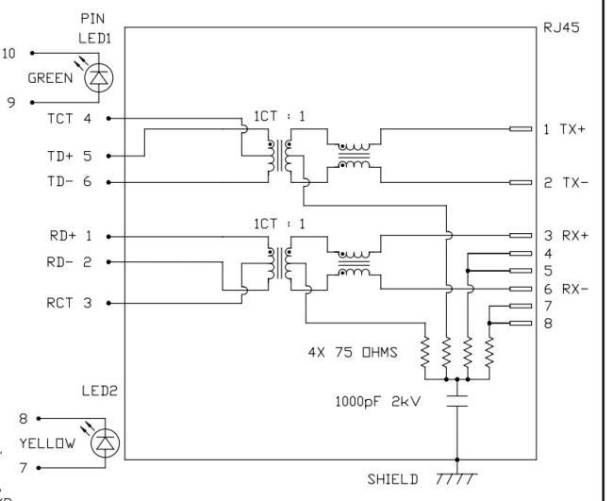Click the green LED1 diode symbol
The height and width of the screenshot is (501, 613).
click(99, 77)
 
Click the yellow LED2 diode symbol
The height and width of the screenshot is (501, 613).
click(106, 443)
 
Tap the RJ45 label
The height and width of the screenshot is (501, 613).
click(561, 28)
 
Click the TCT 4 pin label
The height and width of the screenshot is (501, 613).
click(69, 119)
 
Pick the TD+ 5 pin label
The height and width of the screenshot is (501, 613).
click(69, 156)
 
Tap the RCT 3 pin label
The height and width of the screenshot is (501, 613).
click(69, 303)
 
